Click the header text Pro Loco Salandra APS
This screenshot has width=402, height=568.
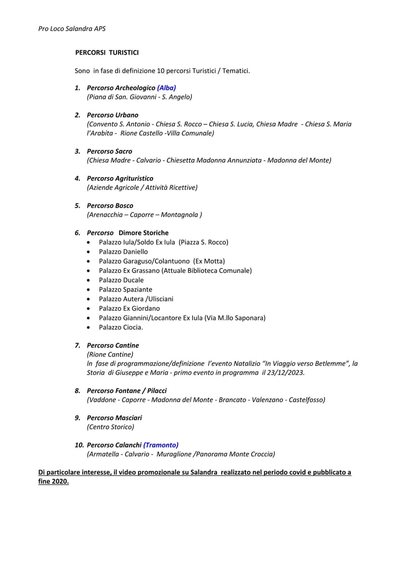click(x=72, y=29)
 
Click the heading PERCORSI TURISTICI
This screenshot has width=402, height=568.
click(x=107, y=52)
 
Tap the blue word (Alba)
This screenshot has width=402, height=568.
click(x=166, y=88)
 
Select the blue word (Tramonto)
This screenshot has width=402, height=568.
click(x=161, y=445)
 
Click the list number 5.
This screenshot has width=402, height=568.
click(x=77, y=206)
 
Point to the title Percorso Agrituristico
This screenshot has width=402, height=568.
click(x=120, y=179)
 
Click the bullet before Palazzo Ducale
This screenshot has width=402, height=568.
click(x=89, y=280)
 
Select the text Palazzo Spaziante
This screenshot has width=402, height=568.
click(x=126, y=290)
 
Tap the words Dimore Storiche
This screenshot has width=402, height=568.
click(x=143, y=233)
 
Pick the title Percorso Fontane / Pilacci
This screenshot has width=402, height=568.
click(x=127, y=391)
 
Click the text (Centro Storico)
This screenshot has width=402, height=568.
click(x=111, y=427)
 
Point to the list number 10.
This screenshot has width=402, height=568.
click(x=79, y=445)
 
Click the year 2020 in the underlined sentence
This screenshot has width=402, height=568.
click(x=59, y=481)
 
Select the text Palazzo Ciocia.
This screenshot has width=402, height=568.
click(x=121, y=328)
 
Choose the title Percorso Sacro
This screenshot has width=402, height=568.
click(x=110, y=152)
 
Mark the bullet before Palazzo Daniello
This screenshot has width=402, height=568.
click(x=89, y=252)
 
